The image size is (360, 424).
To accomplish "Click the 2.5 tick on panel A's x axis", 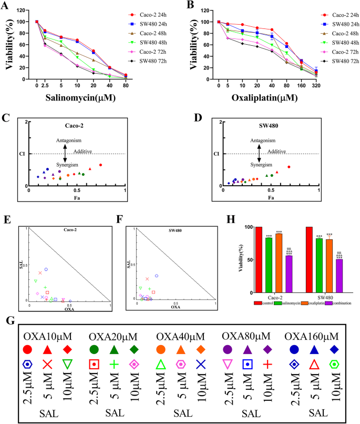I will [x=45, y=84].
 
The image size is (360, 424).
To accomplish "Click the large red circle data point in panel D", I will [x=289, y=167].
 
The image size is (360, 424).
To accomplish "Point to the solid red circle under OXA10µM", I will [x=27, y=349].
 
